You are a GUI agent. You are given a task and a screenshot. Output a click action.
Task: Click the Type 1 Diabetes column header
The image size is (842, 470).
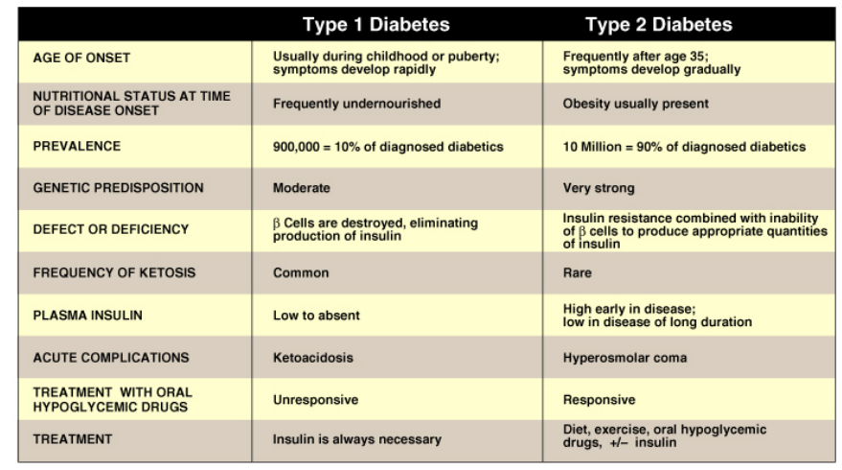pos(375,24)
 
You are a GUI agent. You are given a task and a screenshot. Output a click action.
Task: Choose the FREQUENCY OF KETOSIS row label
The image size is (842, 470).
pos(114,272)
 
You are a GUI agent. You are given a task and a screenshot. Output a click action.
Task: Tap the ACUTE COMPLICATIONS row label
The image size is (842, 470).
pos(109,357)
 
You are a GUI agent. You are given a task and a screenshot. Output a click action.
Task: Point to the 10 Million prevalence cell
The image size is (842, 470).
pos(684,147)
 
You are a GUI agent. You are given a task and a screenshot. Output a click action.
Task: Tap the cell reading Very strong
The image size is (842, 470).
pos(600,188)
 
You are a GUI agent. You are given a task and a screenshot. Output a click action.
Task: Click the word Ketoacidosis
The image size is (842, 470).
pos(313,357)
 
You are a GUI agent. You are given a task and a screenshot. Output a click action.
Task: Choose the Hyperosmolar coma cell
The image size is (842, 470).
pos(626,357)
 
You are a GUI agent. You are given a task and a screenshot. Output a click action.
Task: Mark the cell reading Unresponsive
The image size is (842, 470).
pos(317,398)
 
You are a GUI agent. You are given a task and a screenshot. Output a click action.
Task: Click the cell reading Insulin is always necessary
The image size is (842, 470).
pos(357,439)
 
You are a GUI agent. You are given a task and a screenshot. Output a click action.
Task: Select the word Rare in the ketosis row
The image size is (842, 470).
pos(578,272)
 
